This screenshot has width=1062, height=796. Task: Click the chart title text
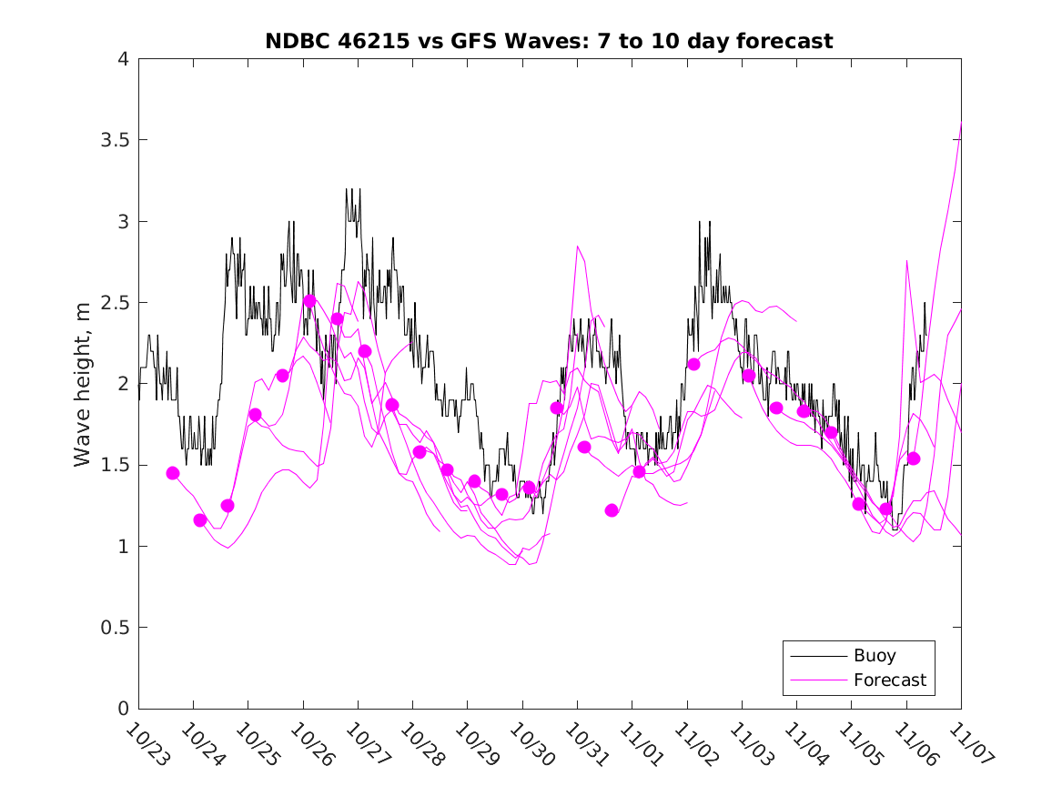click(549, 41)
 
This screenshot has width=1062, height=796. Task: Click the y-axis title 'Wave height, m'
click(83, 384)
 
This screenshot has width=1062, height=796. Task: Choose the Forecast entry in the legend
click(889, 680)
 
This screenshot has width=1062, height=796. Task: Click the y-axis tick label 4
click(122, 59)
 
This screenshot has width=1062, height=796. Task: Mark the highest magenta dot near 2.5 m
click(309, 301)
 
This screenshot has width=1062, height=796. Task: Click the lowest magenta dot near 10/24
click(200, 520)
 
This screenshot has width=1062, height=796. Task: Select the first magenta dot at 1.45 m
click(173, 473)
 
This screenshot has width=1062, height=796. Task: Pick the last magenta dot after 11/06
click(914, 458)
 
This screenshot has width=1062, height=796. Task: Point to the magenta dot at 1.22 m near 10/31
click(612, 510)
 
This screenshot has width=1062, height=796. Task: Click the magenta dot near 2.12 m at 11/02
click(693, 364)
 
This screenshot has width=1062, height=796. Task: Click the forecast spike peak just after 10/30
click(577, 247)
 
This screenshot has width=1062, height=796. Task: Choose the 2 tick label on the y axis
click(122, 384)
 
